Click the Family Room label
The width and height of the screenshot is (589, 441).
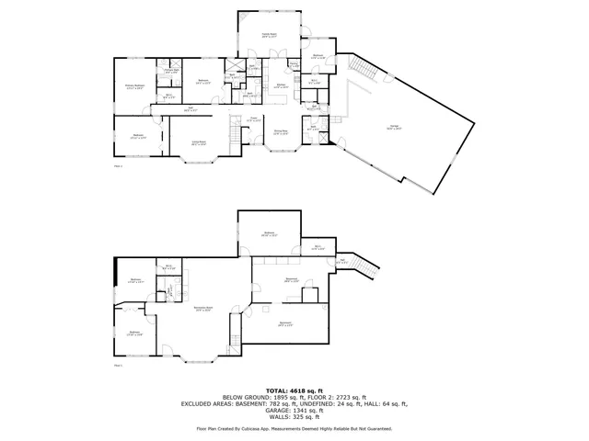pos(270,34)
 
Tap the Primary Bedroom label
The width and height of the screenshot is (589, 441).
pos(134,86)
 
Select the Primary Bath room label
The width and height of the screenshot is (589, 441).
pos(171,72)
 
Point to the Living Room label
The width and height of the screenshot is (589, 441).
pos(196,142)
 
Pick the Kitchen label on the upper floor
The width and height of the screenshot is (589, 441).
pos(281,86)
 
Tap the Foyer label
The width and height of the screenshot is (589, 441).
pos(255,119)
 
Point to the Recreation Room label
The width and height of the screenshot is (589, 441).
pos(203,308)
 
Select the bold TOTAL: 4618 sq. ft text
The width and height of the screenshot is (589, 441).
pos(294,390)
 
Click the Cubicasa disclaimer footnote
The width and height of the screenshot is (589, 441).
pos(294,428)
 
